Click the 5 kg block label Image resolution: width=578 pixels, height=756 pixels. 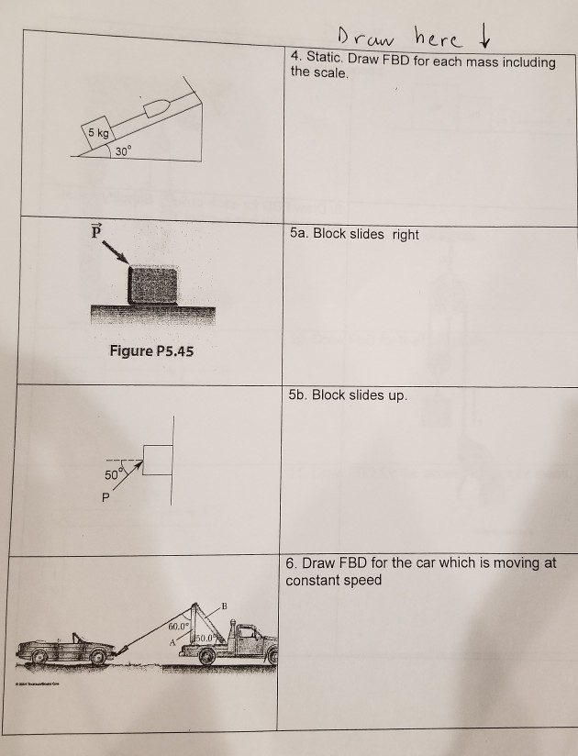(96, 134)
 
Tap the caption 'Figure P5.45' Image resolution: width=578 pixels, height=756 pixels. (152, 351)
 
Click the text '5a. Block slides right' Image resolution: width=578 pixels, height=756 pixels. (352, 235)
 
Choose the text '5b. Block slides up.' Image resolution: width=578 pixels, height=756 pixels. (346, 395)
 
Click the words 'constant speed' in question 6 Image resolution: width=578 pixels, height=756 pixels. (333, 581)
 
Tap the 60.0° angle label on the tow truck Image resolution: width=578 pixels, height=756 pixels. (180, 626)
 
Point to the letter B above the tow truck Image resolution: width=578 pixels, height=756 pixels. (224, 606)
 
